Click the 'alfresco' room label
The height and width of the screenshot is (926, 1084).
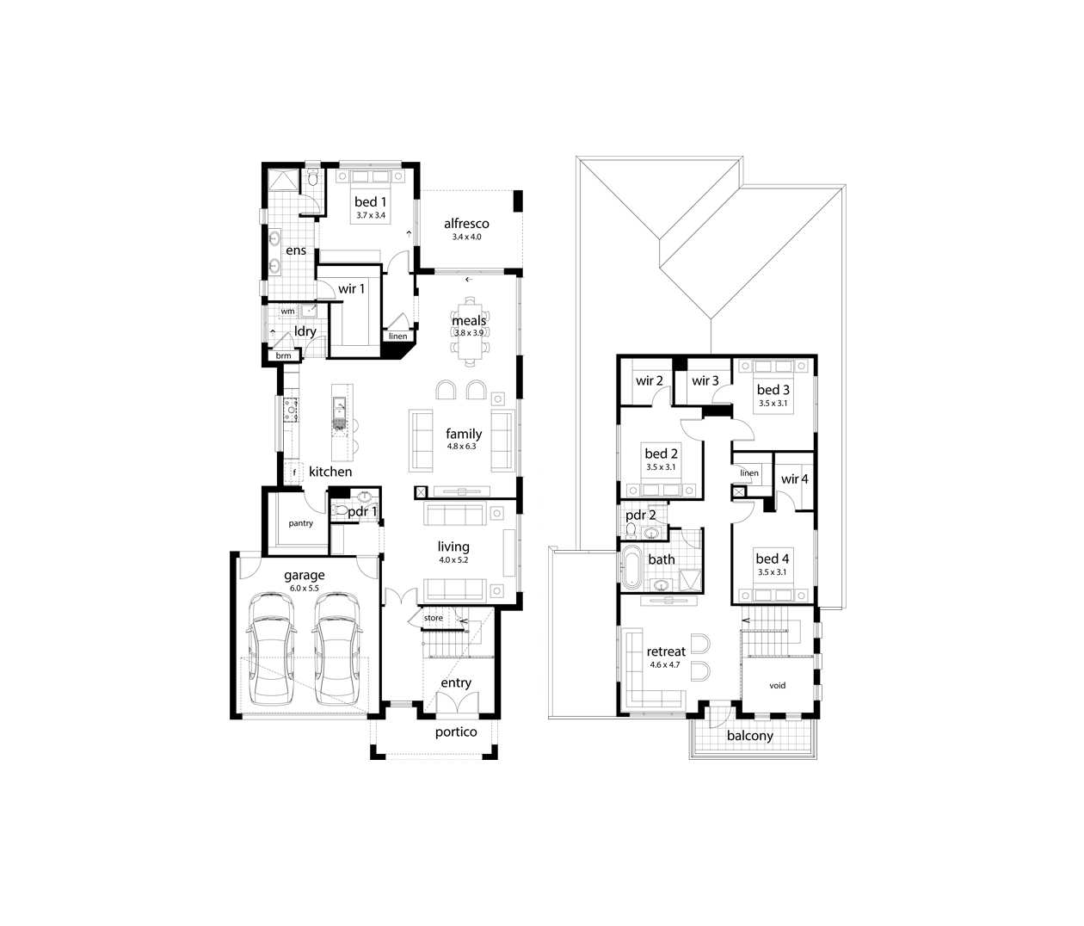point(466,224)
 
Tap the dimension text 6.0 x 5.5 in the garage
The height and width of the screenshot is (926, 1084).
point(305,588)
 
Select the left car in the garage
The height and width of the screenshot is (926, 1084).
point(270,650)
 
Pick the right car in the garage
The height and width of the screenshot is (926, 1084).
point(336,650)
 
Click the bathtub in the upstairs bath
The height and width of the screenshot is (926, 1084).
point(631,567)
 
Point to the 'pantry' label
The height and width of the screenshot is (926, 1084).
point(300,523)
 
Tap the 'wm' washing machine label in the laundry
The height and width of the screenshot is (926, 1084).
point(287,312)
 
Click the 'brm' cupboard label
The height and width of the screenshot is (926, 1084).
point(283,355)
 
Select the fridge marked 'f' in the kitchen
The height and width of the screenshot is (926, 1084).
point(294,472)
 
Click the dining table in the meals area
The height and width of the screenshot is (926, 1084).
point(470,331)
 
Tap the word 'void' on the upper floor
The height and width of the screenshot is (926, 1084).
point(777,685)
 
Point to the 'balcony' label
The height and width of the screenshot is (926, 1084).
point(750,736)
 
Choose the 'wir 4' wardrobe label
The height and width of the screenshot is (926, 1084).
point(795,479)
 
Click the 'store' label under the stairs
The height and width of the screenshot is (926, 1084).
point(434,618)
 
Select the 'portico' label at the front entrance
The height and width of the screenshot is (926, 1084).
point(456,732)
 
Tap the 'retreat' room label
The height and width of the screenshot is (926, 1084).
point(666,651)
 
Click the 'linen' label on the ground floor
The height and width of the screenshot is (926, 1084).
point(398,336)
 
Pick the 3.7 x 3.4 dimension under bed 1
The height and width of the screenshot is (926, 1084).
point(371,215)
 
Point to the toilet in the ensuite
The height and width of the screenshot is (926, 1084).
point(313,178)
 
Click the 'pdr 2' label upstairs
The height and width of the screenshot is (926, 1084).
point(640,515)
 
